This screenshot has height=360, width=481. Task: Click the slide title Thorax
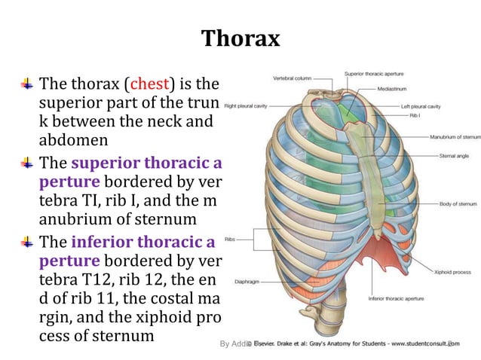(x=240, y=38)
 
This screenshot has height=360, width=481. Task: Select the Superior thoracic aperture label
(x=375, y=74)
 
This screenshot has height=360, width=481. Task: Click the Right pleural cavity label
(x=247, y=106)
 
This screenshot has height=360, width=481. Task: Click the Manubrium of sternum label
(x=455, y=138)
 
